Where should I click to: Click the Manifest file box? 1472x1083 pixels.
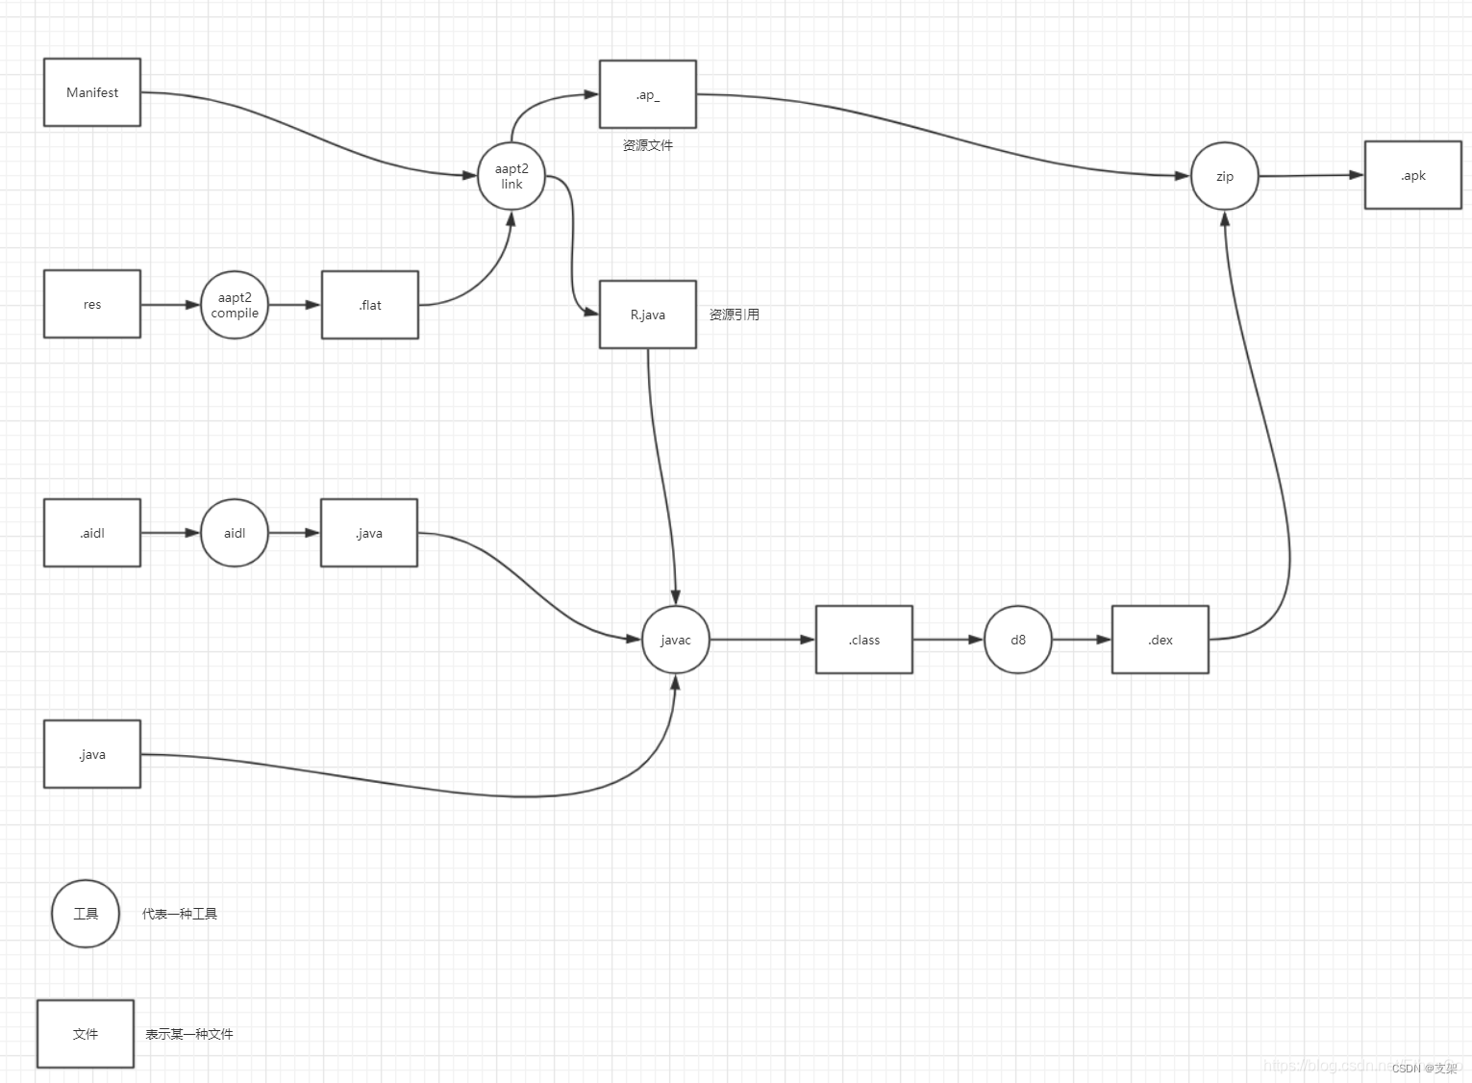tap(92, 92)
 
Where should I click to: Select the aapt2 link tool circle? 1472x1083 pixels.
tap(511, 176)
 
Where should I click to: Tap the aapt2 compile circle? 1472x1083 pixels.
tap(235, 305)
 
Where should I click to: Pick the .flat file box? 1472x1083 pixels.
tap(370, 305)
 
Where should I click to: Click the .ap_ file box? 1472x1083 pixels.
tap(648, 94)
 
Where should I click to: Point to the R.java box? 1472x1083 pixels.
tap(648, 315)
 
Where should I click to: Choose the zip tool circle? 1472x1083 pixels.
tap(1225, 176)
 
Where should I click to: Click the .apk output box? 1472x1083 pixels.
tap(1413, 175)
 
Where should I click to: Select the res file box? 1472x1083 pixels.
tap(92, 304)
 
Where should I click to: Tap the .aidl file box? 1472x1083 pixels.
tap(92, 533)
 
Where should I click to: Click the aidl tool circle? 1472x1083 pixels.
tap(235, 533)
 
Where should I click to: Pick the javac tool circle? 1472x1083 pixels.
tap(676, 640)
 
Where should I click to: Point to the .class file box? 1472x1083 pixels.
tap(864, 640)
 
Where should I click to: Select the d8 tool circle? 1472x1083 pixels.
tap(1018, 640)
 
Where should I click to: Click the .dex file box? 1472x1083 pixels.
tap(1160, 640)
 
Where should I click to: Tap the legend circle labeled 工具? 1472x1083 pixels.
tap(86, 914)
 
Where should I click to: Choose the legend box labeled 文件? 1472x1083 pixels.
tap(86, 1034)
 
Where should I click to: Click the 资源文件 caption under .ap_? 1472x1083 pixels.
tap(648, 145)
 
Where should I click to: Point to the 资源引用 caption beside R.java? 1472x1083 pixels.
tap(735, 315)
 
